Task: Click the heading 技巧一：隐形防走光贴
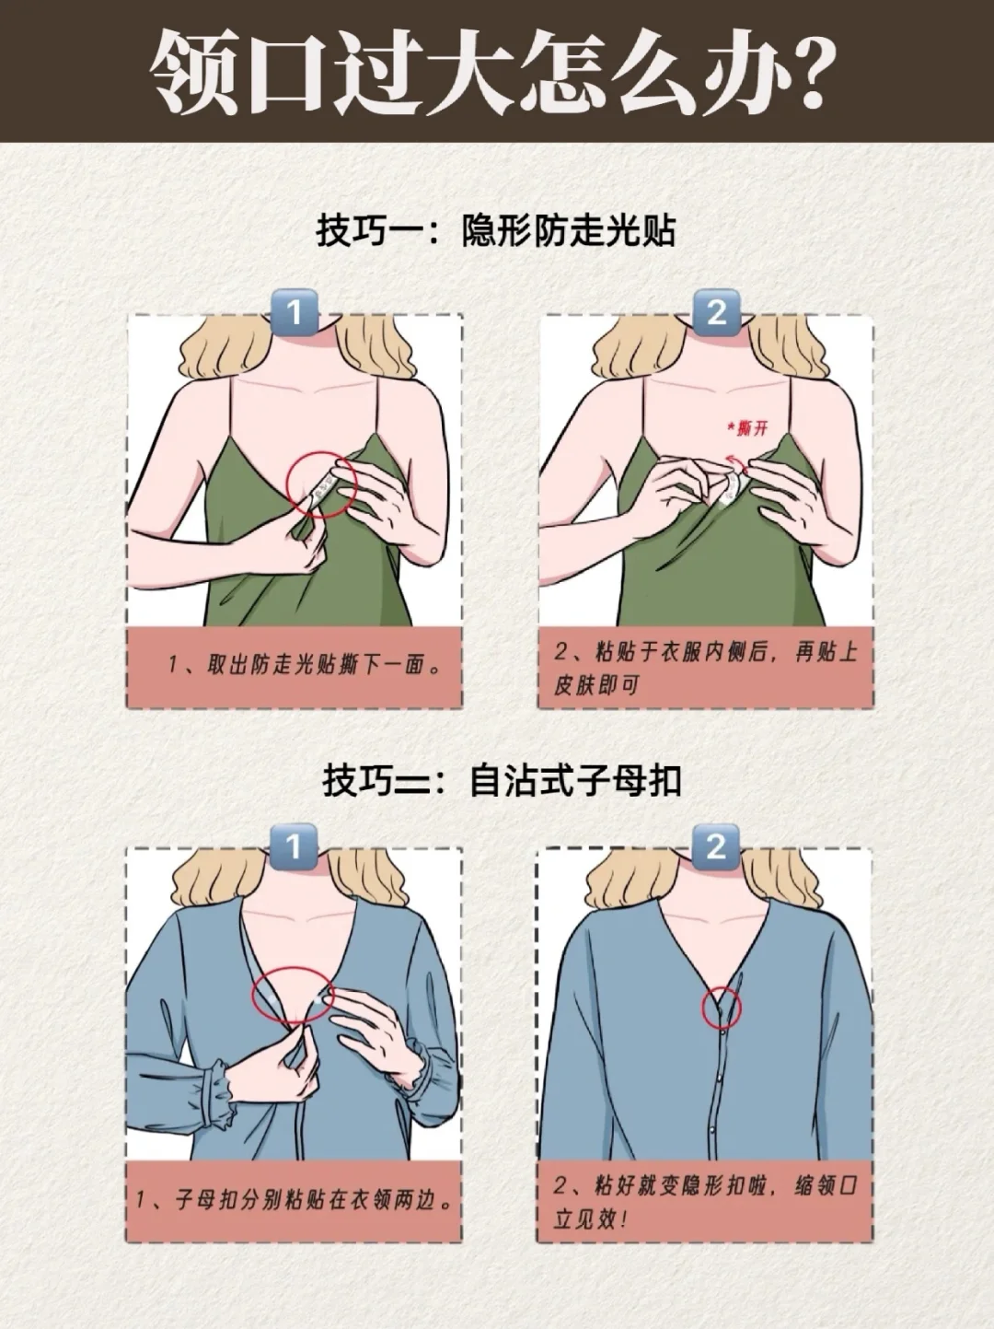(495, 230)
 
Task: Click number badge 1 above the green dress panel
(294, 312)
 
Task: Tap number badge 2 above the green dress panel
(716, 312)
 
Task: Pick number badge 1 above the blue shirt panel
(293, 846)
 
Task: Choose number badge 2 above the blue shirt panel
(716, 846)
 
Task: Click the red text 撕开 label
(752, 428)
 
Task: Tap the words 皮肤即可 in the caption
(596, 686)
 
